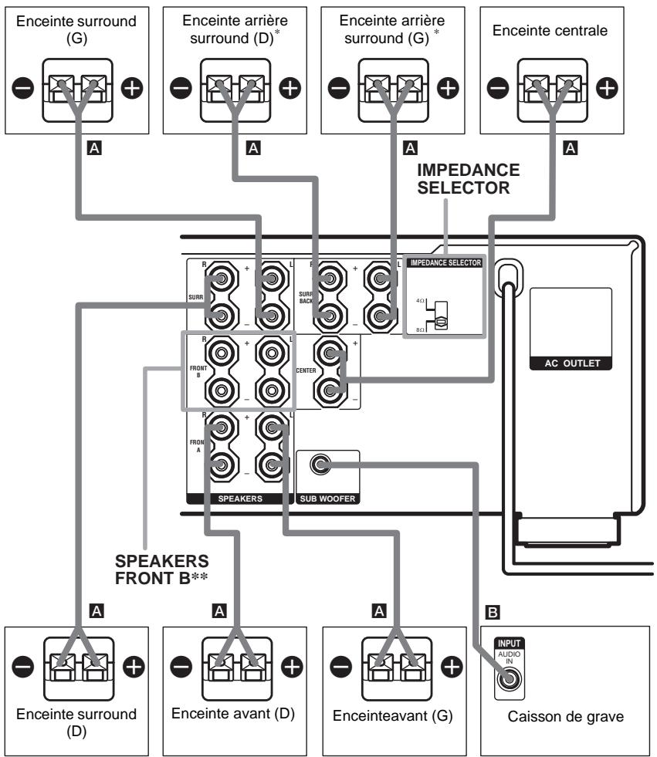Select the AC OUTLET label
coord(571,364)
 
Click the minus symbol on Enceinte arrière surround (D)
coord(180,88)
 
